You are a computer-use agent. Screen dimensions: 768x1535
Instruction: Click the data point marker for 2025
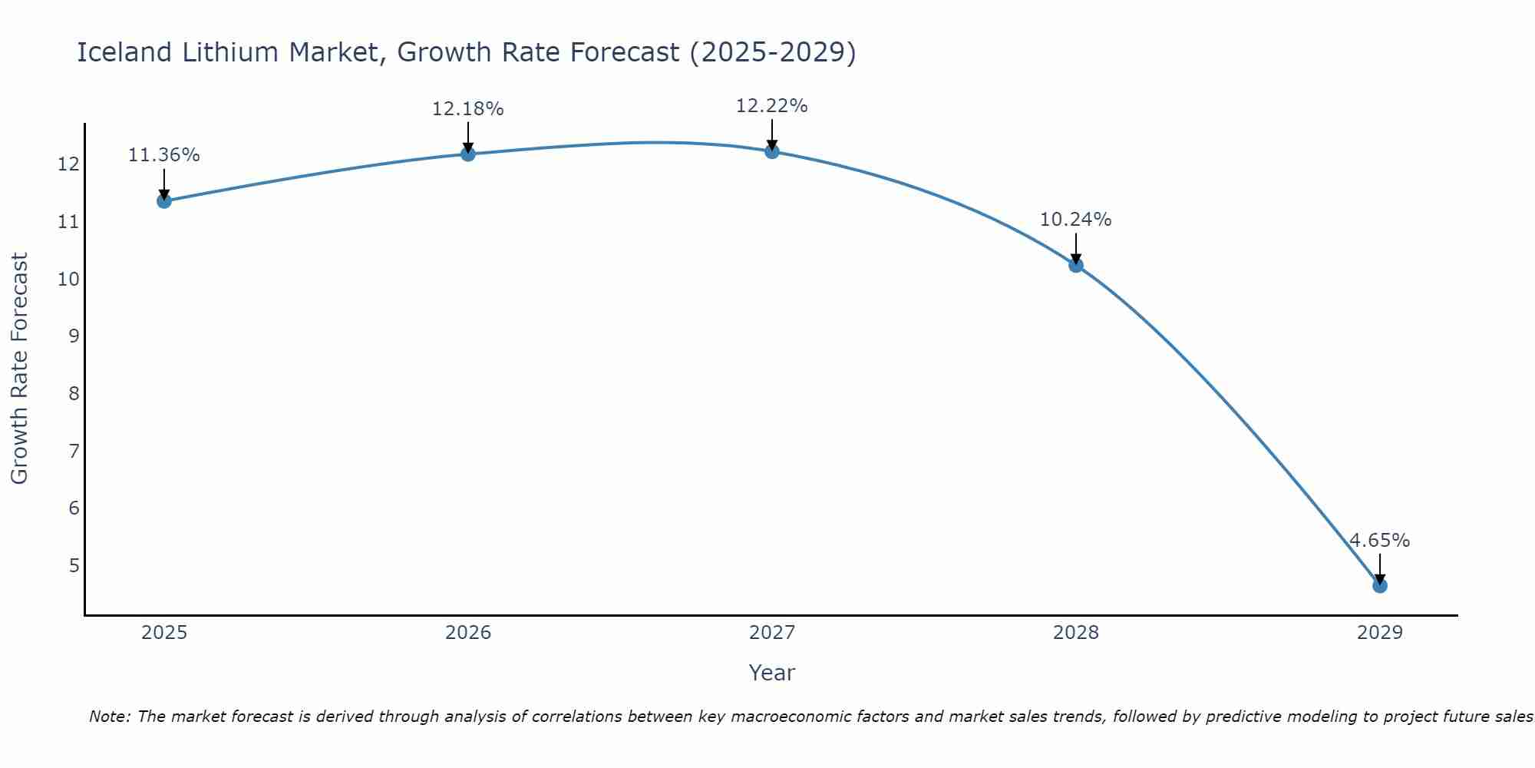coord(163,201)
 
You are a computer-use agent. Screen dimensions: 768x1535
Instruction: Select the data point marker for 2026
coord(467,154)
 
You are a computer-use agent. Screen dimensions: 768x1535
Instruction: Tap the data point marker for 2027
coord(771,151)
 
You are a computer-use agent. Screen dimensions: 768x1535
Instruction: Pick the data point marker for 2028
coord(1075,265)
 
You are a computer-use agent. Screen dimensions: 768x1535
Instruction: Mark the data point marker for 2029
coord(1379,586)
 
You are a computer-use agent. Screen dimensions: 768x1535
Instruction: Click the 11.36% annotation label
coord(163,155)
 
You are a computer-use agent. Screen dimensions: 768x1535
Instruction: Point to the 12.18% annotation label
coord(467,109)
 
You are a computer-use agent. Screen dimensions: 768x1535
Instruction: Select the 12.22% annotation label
coord(771,106)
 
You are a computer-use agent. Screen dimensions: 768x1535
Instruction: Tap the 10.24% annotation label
coord(1075,220)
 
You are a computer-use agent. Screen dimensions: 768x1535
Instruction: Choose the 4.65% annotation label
coord(1379,541)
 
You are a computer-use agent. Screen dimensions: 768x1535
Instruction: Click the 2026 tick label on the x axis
coord(468,633)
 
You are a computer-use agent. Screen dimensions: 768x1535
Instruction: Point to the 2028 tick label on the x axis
coord(1075,633)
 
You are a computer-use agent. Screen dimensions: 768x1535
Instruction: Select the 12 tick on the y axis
coord(68,164)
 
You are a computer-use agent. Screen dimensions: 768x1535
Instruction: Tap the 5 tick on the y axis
coord(74,566)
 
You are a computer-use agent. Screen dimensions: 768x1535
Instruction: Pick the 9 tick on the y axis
coord(74,336)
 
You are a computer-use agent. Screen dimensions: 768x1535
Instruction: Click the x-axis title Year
coord(771,673)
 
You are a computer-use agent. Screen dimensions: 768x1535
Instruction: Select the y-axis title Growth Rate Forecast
coord(20,369)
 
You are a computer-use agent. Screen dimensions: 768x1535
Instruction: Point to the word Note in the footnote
coord(110,717)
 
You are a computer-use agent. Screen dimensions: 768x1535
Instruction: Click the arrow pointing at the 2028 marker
coord(1075,247)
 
